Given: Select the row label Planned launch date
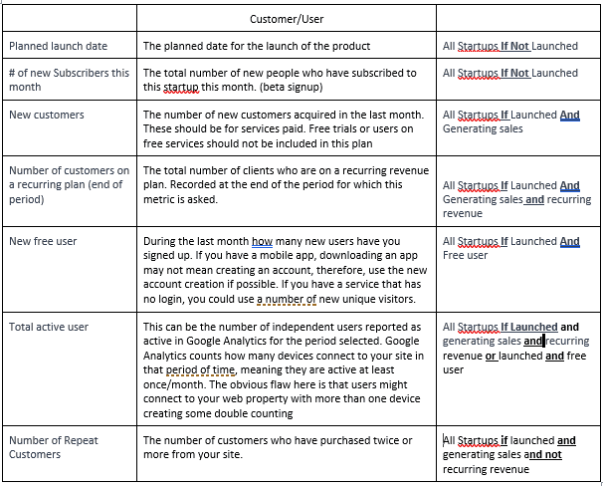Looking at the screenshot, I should click(58, 46).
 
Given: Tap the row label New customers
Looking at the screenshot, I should click(46, 115).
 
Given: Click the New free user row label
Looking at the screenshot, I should click(43, 241).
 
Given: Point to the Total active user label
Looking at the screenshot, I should click(49, 327).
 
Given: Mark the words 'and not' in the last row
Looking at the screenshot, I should click(543, 454).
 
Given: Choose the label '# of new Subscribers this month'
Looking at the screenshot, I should click(69, 80).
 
